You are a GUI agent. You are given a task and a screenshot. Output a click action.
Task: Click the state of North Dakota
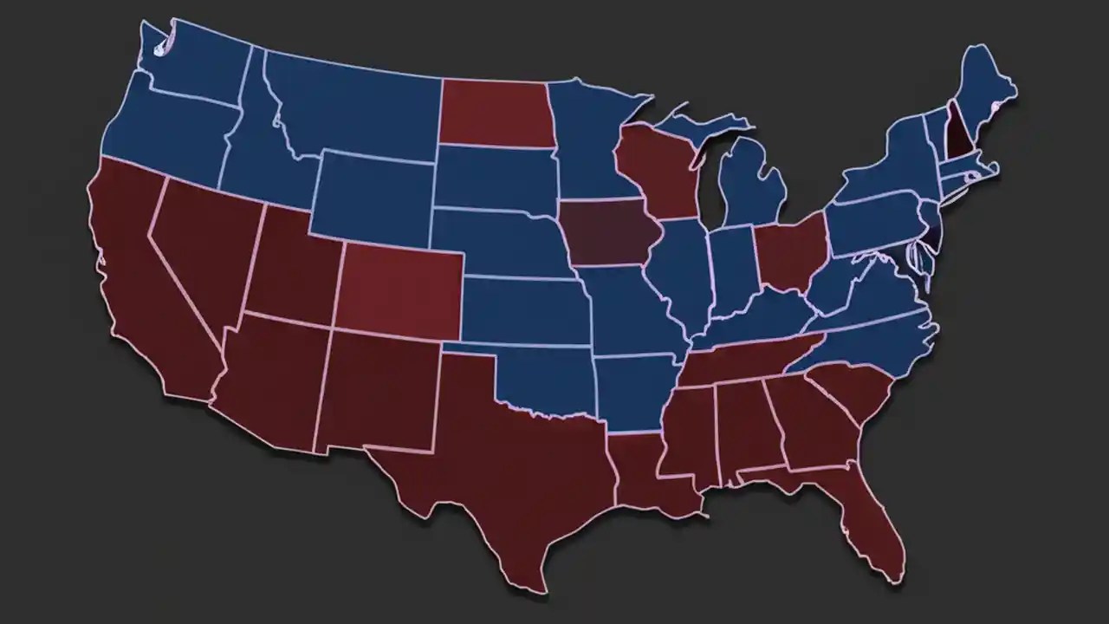(494, 113)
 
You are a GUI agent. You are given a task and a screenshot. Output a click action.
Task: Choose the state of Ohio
(788, 251)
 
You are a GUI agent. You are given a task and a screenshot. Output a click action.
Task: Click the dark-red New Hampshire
(956, 130)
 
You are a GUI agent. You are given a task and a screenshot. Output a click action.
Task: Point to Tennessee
(745, 360)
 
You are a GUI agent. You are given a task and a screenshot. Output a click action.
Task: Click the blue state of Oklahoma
(546, 377)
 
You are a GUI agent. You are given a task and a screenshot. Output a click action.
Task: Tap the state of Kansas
(520, 308)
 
